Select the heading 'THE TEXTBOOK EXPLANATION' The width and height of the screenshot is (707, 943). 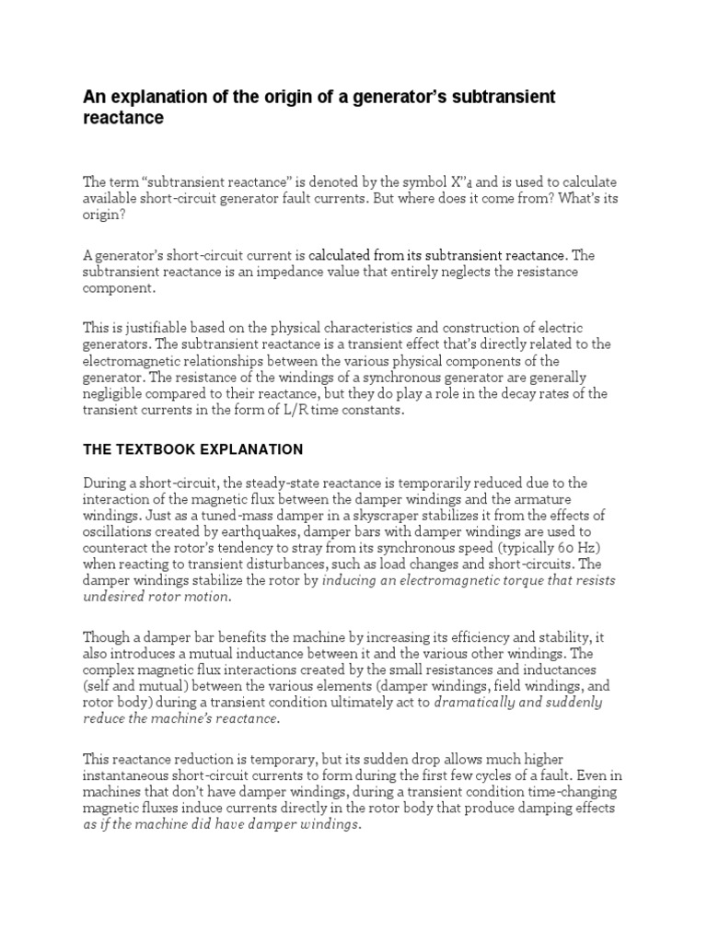coord(193,449)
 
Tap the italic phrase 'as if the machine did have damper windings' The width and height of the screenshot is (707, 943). coord(221,825)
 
